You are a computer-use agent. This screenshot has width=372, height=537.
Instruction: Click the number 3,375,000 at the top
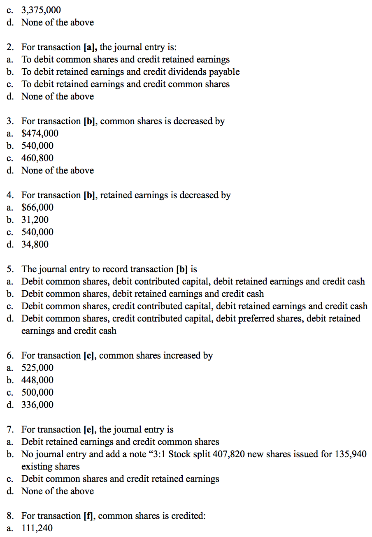click(41, 10)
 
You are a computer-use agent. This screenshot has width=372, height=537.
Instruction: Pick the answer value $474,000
click(40, 134)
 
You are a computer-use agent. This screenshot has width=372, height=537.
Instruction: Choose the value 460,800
click(37, 158)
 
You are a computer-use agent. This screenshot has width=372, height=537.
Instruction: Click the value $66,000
click(37, 208)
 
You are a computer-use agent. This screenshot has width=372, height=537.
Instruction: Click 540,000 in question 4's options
click(37, 232)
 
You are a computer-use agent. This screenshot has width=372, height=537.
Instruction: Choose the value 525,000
click(37, 368)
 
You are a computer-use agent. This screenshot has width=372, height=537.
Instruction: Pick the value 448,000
click(37, 380)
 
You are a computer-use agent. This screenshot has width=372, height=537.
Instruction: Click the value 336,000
click(37, 405)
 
